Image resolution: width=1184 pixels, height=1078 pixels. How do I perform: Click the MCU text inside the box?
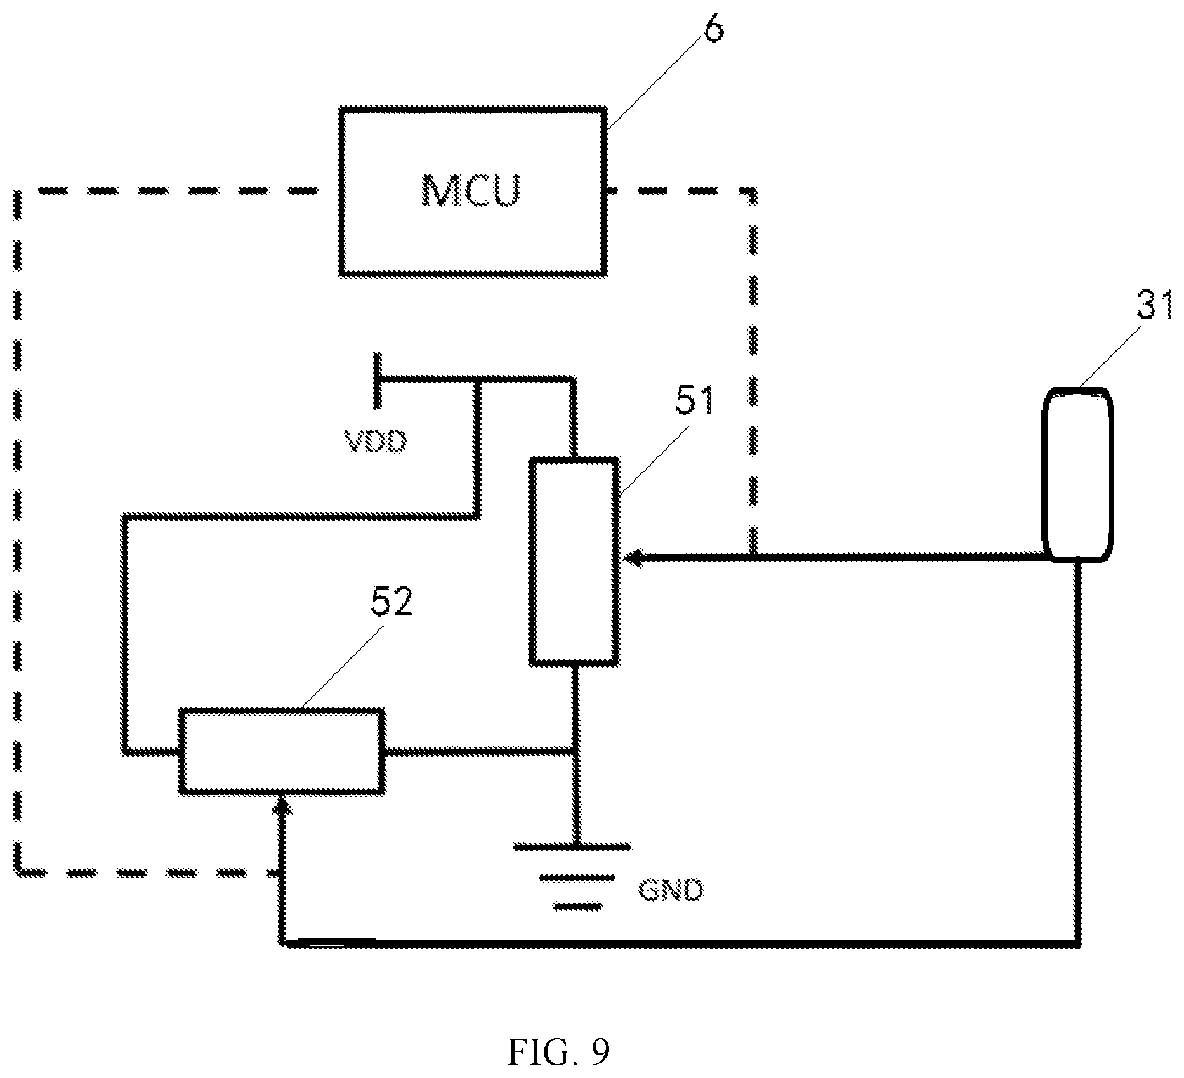click(x=471, y=190)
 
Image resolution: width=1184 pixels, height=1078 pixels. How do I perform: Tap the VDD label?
click(x=376, y=441)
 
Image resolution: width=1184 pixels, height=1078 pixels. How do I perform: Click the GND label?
click(x=671, y=891)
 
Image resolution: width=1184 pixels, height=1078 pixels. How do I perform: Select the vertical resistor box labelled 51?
click(x=574, y=562)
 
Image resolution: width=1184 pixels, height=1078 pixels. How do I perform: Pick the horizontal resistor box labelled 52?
click(x=282, y=751)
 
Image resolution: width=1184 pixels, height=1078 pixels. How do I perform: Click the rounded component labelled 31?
click(x=1079, y=475)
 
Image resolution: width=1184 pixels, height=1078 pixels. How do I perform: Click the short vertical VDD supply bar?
click(x=378, y=380)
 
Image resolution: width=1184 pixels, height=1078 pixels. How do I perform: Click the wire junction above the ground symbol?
click(x=575, y=752)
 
